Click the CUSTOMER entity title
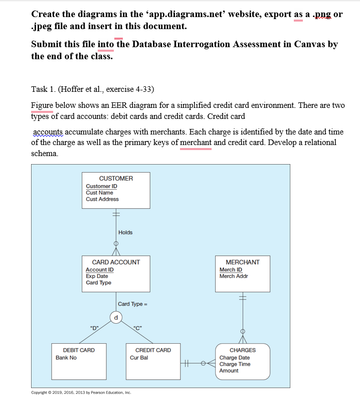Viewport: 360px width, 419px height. tap(116, 179)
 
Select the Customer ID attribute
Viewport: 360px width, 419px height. tap(101, 186)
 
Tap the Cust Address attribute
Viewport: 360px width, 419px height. tap(102, 199)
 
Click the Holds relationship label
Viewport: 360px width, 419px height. tap(125, 232)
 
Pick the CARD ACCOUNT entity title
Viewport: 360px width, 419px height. tap(116, 262)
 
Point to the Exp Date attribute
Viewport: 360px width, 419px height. tap(97, 276)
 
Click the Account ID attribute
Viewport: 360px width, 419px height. tap(99, 269)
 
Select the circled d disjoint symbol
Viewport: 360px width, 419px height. tap(116, 317)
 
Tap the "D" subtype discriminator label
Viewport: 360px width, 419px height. tap(93, 328)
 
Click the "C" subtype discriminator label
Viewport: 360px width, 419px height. tap(137, 328)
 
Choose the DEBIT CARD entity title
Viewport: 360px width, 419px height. tap(79, 350)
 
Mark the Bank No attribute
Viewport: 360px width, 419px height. tap(66, 358)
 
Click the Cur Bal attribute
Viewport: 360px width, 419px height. tap(139, 358)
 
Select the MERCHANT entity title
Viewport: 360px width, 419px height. tap(243, 262)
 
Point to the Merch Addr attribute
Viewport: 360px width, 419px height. tap(234, 276)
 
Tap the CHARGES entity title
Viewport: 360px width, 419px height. tap(243, 350)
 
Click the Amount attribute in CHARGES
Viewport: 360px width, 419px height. tap(229, 371)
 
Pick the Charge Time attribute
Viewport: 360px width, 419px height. tap(235, 364)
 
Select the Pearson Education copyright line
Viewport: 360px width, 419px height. tap(81, 393)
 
